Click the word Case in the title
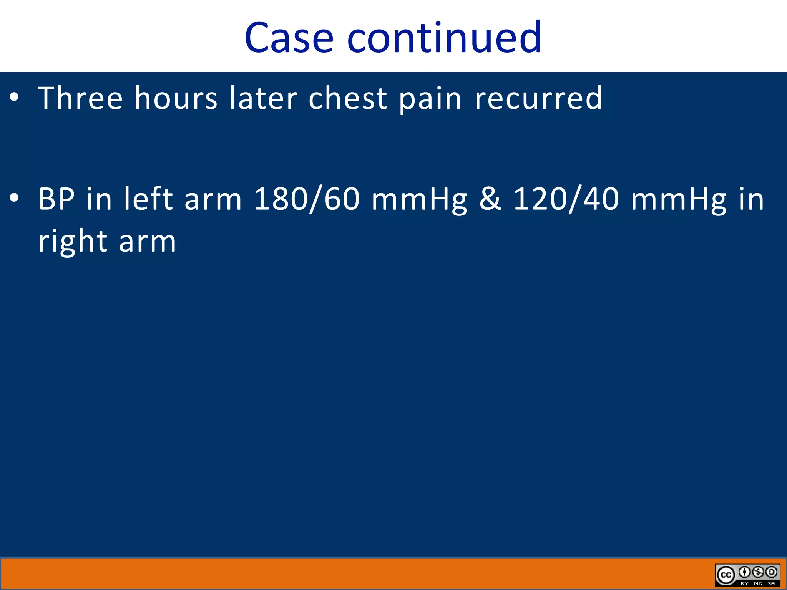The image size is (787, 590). click(x=289, y=37)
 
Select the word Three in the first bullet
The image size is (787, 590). click(x=80, y=98)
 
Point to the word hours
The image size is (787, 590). click(x=176, y=98)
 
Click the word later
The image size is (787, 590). click(x=263, y=98)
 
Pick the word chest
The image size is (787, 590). click(x=348, y=98)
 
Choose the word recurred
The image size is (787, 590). click(x=538, y=98)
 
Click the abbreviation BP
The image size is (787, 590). click(x=56, y=199)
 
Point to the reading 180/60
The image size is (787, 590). click(x=307, y=199)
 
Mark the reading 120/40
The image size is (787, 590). click(x=566, y=199)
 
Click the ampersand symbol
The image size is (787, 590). click(x=490, y=199)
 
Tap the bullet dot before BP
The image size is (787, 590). click(x=14, y=198)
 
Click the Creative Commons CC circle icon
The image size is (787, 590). click(x=725, y=575)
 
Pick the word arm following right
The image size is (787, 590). click(x=147, y=242)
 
